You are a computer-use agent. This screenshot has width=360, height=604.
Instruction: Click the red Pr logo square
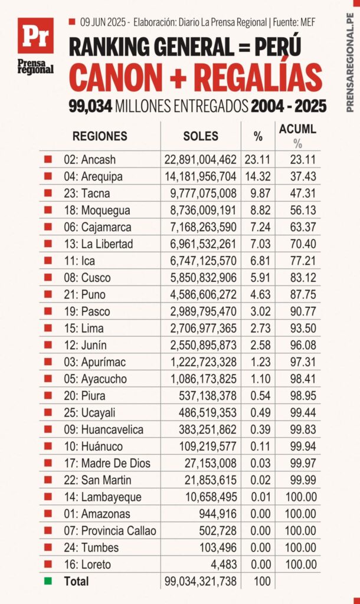coord(35,36)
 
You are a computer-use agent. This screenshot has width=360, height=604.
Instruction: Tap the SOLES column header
coord(201,136)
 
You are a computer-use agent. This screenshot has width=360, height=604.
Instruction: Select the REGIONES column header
coord(100,136)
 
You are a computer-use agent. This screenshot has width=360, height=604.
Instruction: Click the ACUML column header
coord(297,129)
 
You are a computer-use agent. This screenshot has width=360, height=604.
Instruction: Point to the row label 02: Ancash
coord(90,159)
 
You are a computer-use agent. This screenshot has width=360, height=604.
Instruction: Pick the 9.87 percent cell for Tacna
coord(258,193)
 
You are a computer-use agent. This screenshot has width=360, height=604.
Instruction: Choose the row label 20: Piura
coord(86,396)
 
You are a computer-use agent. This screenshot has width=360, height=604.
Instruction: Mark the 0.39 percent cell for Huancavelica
coord(258,429)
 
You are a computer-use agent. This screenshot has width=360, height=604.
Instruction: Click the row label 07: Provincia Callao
coord(110,531)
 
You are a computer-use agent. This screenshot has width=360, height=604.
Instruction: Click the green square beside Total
coord(48,581)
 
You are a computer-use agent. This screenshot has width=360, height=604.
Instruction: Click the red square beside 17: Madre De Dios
coord(48,463)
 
